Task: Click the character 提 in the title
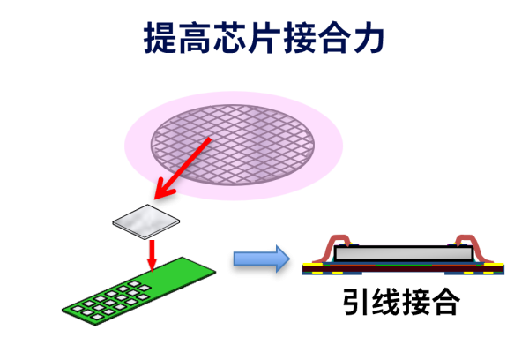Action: [161, 39]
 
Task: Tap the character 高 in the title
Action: [196, 39]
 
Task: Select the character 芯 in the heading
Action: [230, 39]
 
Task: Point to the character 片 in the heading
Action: [264, 39]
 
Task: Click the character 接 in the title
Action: [300, 39]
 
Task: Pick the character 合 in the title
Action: [334, 39]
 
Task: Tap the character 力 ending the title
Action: [369, 39]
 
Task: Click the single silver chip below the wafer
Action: [146, 221]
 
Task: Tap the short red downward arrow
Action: [152, 254]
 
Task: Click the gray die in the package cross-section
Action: [403, 254]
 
